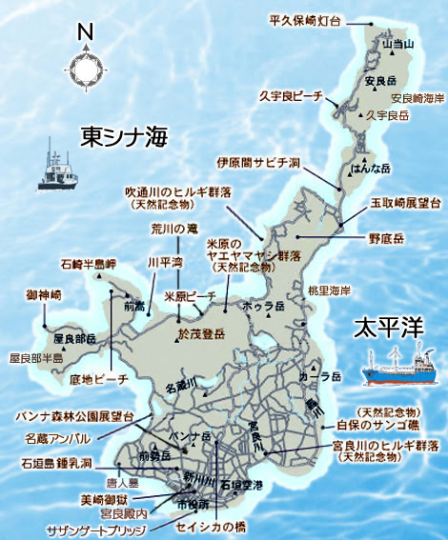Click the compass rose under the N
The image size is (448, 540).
coord(86,68)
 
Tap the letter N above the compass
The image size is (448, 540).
coord(86,31)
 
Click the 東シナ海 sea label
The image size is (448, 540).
coord(124,134)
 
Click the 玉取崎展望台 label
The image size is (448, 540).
coord(405,203)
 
